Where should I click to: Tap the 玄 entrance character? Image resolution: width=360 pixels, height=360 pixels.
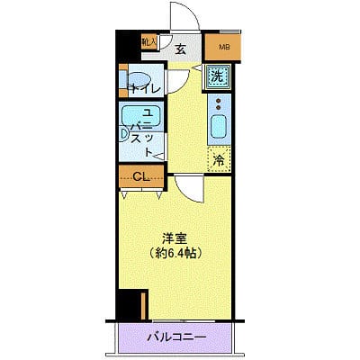pos(179,49)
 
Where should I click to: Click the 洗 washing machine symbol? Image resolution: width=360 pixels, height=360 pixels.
pos(217,76)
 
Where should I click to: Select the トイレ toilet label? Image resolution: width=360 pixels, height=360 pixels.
pos(143,88)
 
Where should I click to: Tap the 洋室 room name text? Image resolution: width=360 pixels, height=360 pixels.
pos(174,238)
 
